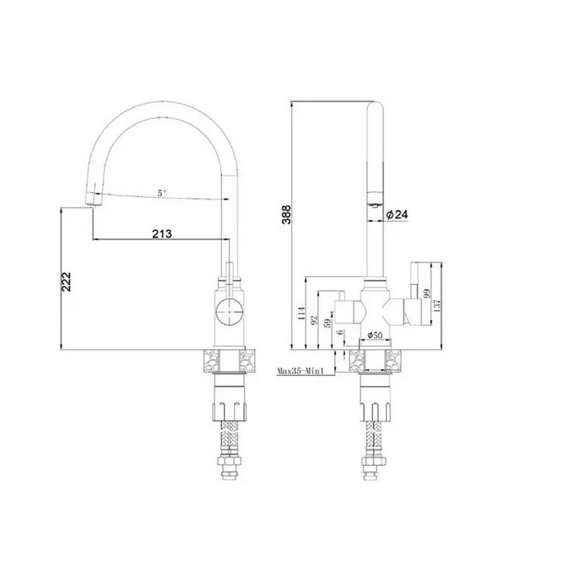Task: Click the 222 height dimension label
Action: coord(66,281)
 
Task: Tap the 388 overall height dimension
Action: coord(286,214)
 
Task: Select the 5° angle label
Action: coord(162,193)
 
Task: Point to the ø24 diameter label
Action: coord(397,214)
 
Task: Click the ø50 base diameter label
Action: coord(375,335)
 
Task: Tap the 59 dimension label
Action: coord(328,323)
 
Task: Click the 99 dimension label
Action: coord(426,295)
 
